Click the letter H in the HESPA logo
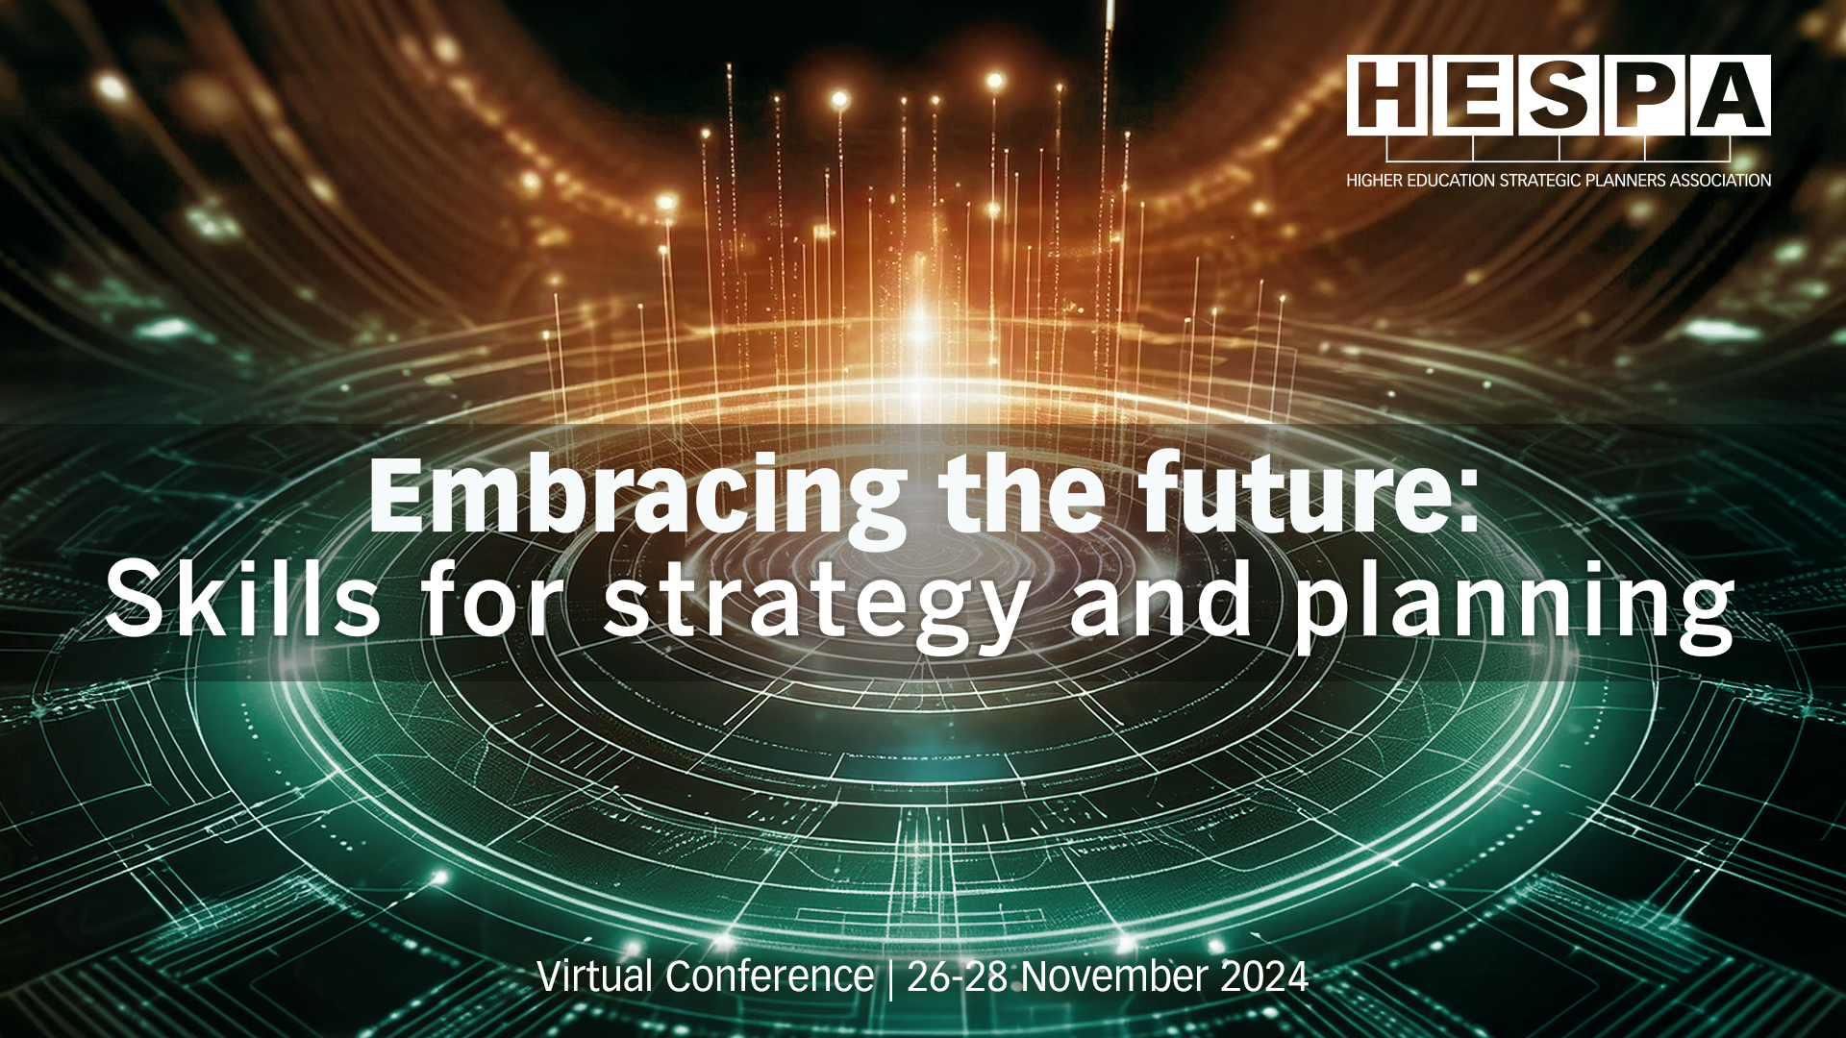click(x=1384, y=94)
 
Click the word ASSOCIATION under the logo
click(x=1720, y=181)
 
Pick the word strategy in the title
click(x=816, y=605)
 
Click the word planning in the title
click(x=1515, y=605)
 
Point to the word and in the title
click(x=1161, y=600)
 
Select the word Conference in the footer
click(x=769, y=976)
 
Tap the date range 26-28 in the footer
click(x=958, y=977)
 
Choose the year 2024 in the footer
click(x=1264, y=977)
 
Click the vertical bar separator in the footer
click(x=890, y=978)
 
